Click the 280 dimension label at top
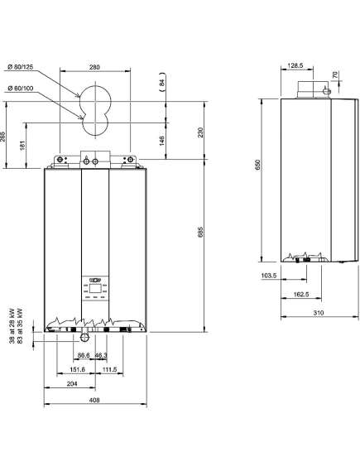[94, 67]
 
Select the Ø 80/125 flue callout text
[21, 67]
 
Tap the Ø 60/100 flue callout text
[21, 89]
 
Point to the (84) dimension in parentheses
[162, 82]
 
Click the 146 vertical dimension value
[162, 141]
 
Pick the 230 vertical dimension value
[200, 132]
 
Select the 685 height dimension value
[200, 232]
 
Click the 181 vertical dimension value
[23, 146]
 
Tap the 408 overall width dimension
[94, 400]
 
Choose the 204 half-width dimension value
[72, 383]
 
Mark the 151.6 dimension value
[78, 369]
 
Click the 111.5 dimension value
[109, 369]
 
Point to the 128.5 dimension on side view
[295, 65]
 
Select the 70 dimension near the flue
[335, 74]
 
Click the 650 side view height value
[258, 166]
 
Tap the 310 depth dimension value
[319, 313]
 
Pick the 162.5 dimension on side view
[301, 295]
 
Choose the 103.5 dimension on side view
[269, 275]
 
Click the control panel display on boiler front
[95, 287]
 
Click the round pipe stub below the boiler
[84, 339]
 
